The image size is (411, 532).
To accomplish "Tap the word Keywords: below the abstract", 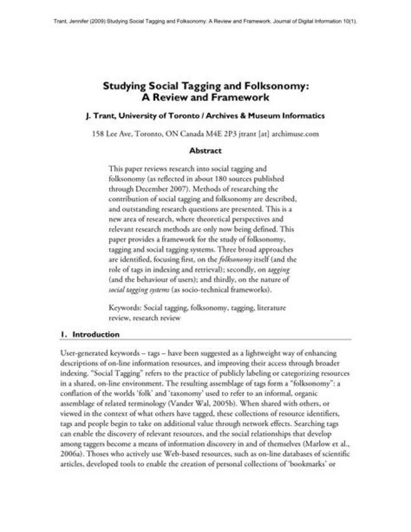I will tap(126, 308).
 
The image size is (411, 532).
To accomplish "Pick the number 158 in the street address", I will tap(99, 135).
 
